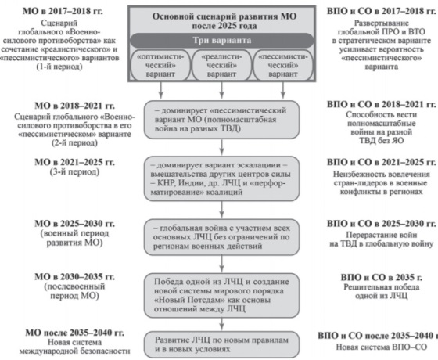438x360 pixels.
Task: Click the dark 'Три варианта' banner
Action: point(222,41)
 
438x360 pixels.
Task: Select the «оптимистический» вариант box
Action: point(160,66)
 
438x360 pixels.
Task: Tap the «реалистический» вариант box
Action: point(222,66)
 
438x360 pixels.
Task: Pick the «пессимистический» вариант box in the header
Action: point(282,66)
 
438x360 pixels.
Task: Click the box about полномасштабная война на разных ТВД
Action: point(222,120)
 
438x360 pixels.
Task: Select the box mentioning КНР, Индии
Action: point(222,178)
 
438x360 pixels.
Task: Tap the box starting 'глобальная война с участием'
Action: point(222,237)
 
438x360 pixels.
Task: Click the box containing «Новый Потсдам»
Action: point(222,296)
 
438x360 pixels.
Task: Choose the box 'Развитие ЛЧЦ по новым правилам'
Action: point(222,344)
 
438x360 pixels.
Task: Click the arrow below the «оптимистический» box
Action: point(160,90)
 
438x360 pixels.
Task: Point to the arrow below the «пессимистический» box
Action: point(282,90)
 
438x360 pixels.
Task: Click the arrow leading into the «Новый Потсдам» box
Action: point(222,264)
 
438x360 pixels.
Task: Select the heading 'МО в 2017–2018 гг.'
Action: point(63,11)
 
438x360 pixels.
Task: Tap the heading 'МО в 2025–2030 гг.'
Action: point(74,224)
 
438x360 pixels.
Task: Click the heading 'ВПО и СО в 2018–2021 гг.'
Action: point(382,105)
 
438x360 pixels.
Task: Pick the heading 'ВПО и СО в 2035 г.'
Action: point(382,277)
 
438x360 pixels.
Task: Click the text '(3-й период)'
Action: point(74,171)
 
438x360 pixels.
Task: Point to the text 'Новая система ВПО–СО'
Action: point(382,347)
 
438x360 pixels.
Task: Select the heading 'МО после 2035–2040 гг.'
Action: point(74,333)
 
